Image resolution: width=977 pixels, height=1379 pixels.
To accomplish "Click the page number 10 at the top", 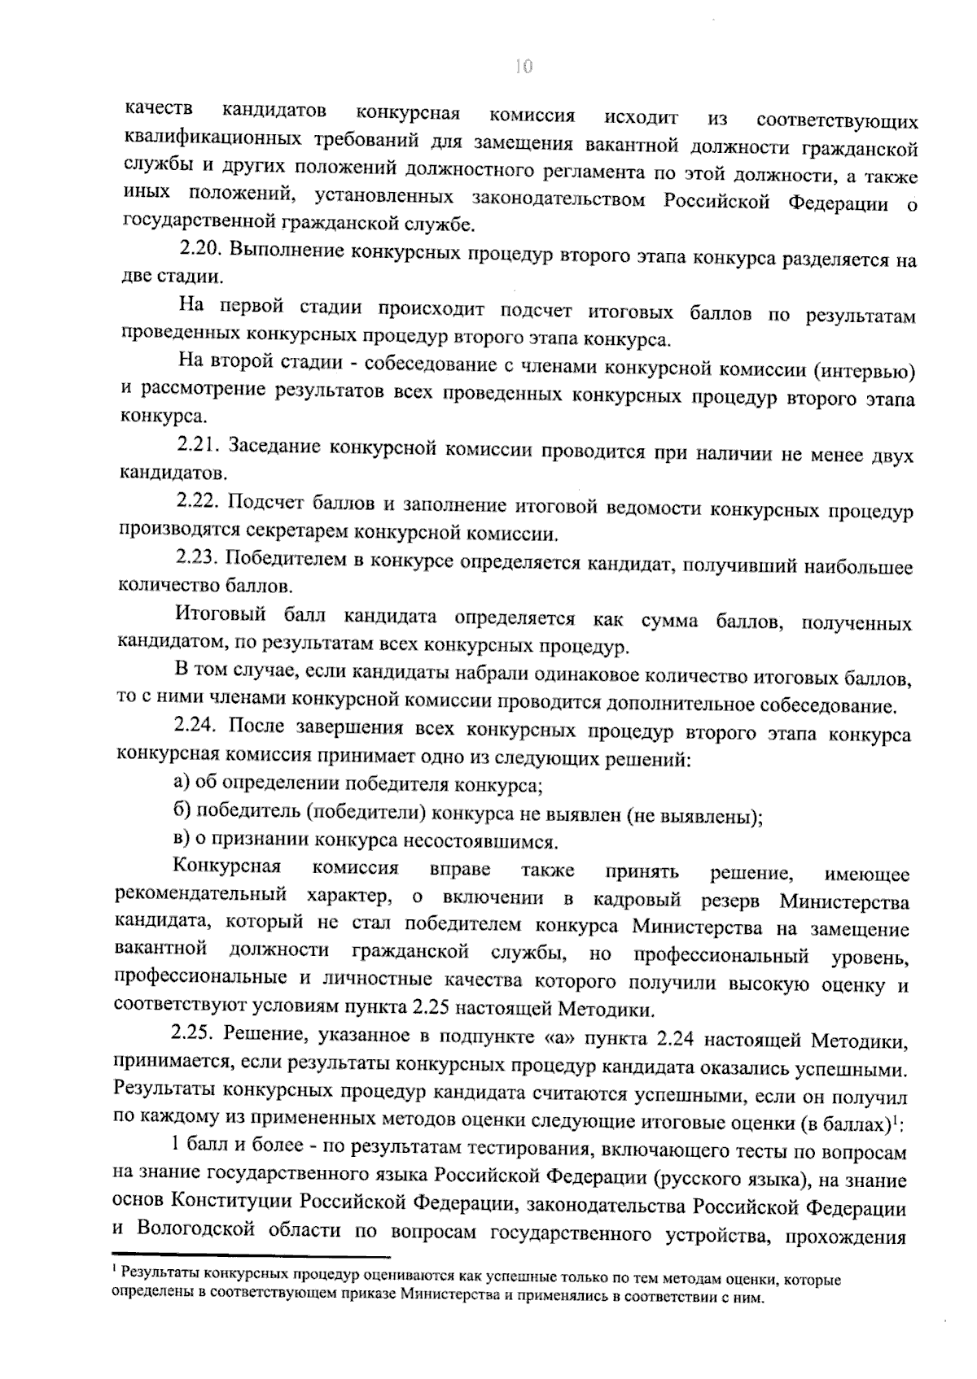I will (x=524, y=67).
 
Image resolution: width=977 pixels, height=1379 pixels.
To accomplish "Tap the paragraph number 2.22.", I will (x=199, y=503).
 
